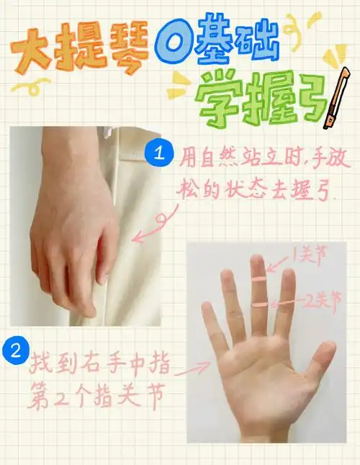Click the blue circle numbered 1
(x=158, y=153)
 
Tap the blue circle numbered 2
(x=15, y=352)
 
